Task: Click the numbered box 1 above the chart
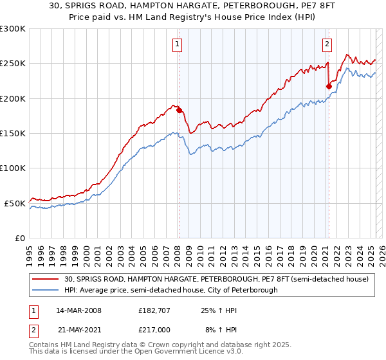177,44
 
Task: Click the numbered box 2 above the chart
327,44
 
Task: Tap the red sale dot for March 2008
179,110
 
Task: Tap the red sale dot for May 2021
329,86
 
